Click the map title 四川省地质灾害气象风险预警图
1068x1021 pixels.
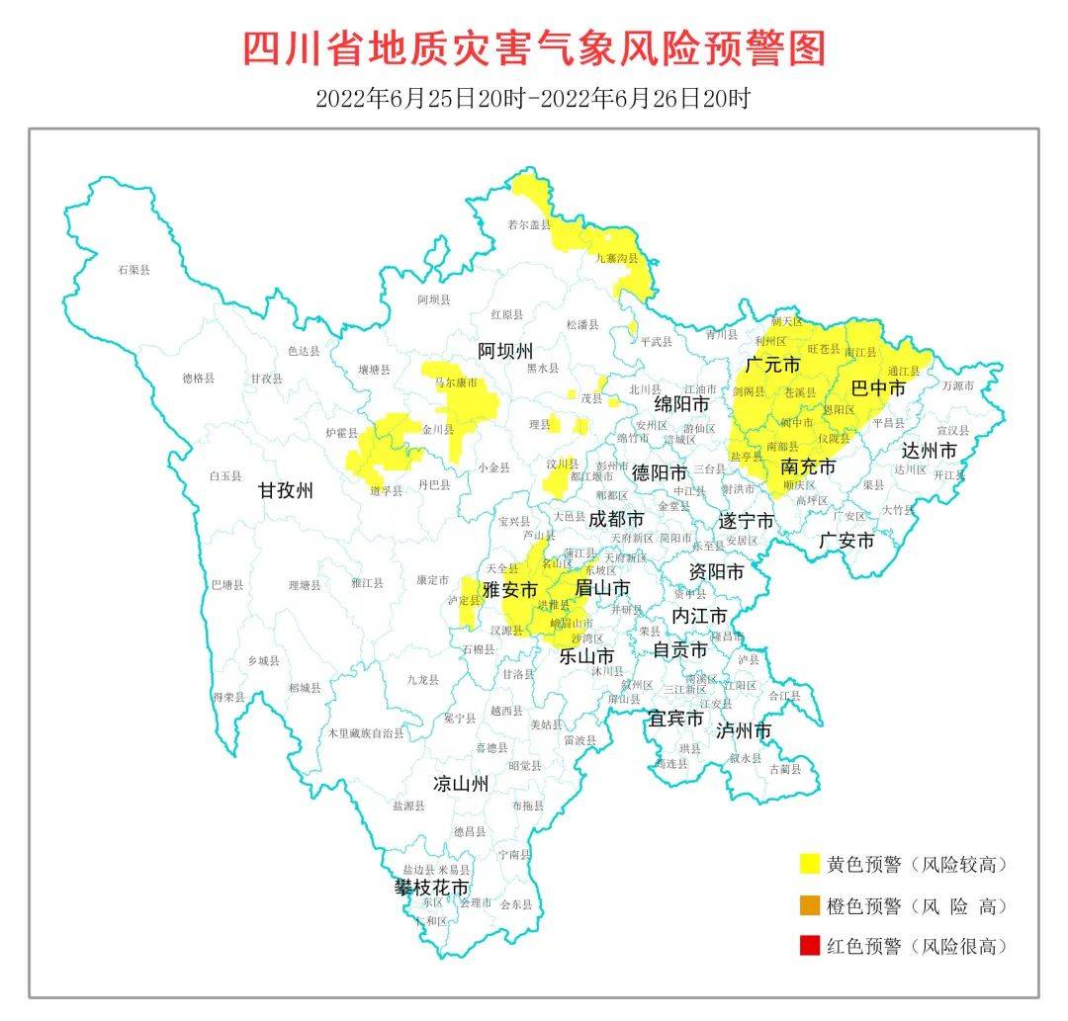coord(534,47)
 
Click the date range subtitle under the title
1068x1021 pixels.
coord(534,98)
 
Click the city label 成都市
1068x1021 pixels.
coord(616,519)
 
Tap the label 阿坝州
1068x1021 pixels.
coord(505,351)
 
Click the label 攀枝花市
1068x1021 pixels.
coord(432,887)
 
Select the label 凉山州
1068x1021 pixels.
coord(461,785)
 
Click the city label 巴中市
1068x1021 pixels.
coord(878,388)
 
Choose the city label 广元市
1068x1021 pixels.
coord(772,365)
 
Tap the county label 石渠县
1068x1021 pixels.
coord(133,269)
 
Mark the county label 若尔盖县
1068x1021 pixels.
coord(528,225)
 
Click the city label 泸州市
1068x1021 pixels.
coord(743,730)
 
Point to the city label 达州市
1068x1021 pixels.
coord(929,451)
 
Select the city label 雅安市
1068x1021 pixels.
coord(509,589)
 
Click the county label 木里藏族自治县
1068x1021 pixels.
coord(366,733)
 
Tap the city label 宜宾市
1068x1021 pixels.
coord(675,718)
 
